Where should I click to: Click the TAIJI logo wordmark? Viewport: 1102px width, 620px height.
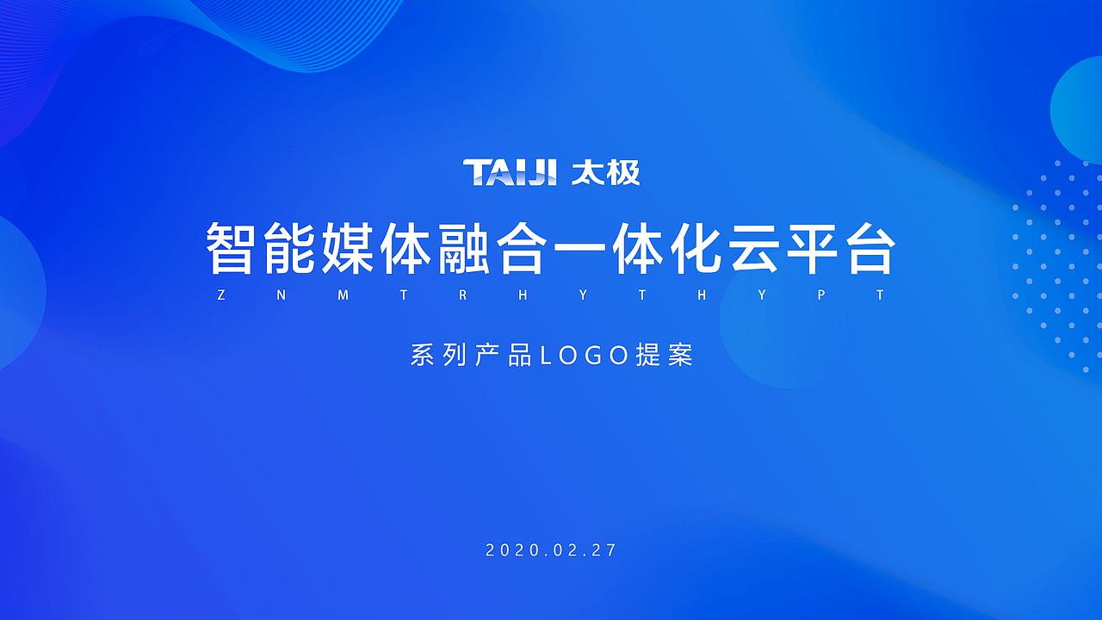pyautogui.click(x=510, y=172)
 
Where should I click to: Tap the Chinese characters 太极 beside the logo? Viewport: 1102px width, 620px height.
pyautogui.click(x=606, y=172)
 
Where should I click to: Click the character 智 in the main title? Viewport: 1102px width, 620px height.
pyautogui.click(x=230, y=249)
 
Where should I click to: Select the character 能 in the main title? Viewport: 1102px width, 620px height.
pyautogui.click(x=288, y=249)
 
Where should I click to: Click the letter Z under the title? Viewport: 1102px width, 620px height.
pyautogui.click(x=221, y=295)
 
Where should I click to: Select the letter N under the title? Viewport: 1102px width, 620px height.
pyautogui.click(x=282, y=295)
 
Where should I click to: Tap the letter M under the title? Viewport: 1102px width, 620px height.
pyautogui.click(x=343, y=295)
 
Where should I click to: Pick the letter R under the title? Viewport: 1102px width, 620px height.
pyautogui.click(x=462, y=295)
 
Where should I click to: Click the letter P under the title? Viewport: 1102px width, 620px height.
pyautogui.click(x=821, y=295)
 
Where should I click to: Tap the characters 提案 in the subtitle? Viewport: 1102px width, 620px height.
pyautogui.click(x=665, y=356)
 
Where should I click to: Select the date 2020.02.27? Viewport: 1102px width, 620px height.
pyautogui.click(x=552, y=550)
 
